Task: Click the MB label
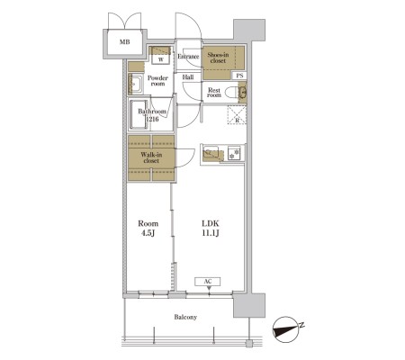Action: tap(125, 42)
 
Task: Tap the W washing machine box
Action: tap(161, 59)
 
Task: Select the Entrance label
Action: tap(188, 57)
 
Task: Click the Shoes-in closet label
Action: tap(218, 58)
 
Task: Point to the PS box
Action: tap(239, 76)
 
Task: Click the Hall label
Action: tap(188, 77)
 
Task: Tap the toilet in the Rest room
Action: tap(232, 92)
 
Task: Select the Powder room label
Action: tap(157, 81)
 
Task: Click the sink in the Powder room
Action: tap(136, 84)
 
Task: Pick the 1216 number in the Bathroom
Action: tap(152, 119)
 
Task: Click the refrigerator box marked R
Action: tap(237, 114)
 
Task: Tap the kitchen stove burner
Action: tap(234, 153)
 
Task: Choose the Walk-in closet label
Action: tap(151, 157)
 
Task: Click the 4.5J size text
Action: tap(148, 233)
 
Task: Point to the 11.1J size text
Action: tap(211, 233)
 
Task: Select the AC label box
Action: tap(208, 282)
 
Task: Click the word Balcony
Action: tap(185, 317)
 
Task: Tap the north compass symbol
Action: tap(286, 329)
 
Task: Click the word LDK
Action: tap(211, 223)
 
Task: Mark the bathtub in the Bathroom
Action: tap(139, 114)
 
